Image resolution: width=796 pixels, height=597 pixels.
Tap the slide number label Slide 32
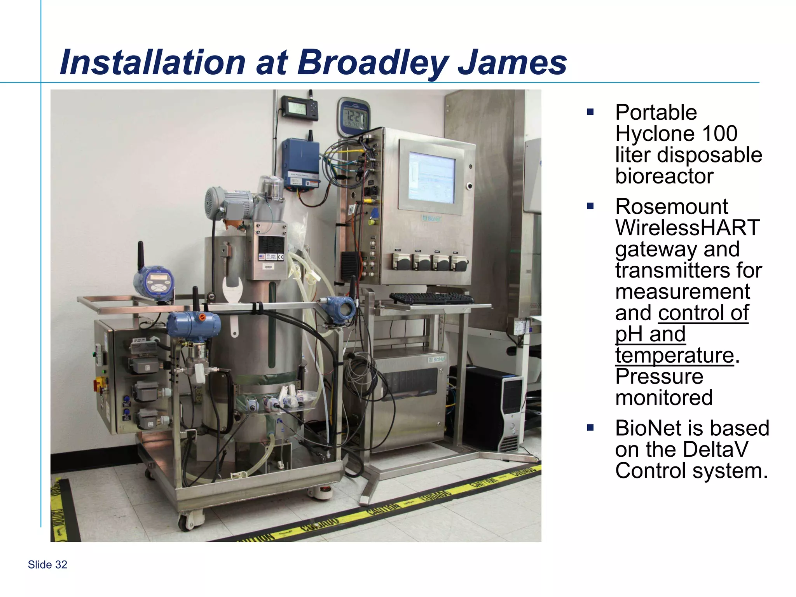coord(47,565)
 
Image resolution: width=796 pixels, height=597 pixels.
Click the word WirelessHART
coord(687,228)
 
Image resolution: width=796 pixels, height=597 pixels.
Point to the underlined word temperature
coord(674,355)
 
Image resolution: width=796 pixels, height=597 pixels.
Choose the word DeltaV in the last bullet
coord(715,450)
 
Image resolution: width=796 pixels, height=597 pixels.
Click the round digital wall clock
coord(353,116)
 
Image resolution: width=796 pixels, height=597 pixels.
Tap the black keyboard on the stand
coord(431,298)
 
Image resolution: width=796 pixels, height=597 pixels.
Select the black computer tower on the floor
coord(492,408)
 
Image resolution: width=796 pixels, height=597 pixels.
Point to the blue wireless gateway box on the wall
coord(300,162)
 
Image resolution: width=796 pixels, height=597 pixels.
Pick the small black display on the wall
coord(299,107)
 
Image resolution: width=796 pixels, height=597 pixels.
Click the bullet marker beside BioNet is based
coord(590,428)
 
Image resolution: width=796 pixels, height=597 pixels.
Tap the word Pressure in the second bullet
coord(659,376)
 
